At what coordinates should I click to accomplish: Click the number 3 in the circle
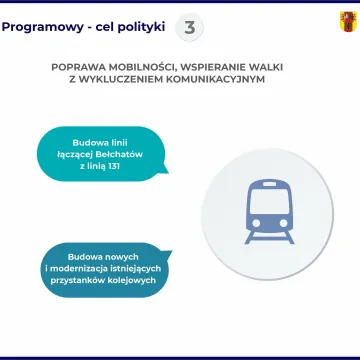(190, 25)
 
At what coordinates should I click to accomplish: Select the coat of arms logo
(348, 20)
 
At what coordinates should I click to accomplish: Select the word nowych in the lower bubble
(116, 257)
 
